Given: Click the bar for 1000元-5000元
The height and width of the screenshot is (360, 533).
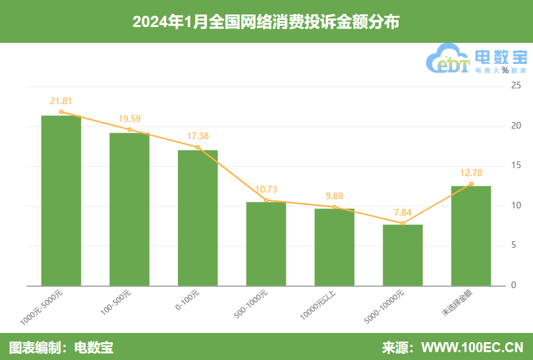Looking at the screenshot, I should pos(61,200).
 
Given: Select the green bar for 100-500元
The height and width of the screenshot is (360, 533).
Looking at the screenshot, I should pos(129,209).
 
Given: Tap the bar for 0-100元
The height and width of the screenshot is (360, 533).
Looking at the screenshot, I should pos(198,218).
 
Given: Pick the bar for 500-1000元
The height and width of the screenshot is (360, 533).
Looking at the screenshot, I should pos(266,243).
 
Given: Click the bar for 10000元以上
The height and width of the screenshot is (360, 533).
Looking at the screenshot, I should pos(334,247).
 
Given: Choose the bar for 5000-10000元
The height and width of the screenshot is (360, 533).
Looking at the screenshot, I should pos(403,255).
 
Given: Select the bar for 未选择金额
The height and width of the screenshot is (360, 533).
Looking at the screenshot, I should pos(471,235).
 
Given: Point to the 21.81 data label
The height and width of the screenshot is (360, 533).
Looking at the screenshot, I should pos(61,101).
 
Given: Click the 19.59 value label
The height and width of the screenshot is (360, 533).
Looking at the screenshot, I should pos(129,119).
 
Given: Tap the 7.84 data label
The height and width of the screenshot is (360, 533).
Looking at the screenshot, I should pos(403,212).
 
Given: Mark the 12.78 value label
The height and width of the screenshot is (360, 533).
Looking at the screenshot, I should pos(471,173).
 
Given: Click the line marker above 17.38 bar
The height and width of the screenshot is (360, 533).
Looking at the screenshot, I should pos(198,147).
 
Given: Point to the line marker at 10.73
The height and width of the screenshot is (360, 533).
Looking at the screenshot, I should pos(266,200).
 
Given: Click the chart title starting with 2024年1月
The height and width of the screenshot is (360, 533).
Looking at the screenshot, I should pos(266,22).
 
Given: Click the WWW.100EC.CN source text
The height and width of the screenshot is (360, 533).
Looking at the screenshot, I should pos(472,347).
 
